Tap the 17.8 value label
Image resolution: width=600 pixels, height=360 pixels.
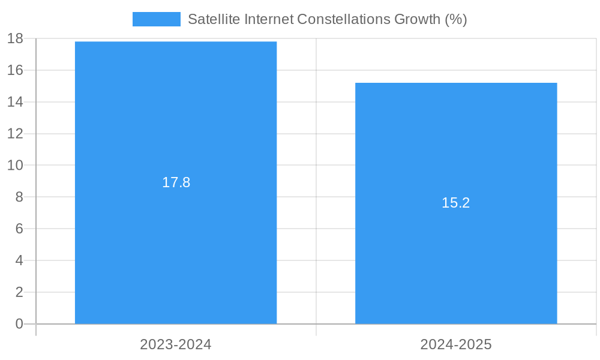point(176,182)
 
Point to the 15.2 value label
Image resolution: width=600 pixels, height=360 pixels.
point(456,203)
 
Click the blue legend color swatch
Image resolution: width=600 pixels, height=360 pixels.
point(156,19)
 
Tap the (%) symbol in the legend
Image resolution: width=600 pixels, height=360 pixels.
point(455,19)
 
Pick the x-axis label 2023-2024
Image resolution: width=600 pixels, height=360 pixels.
point(176,344)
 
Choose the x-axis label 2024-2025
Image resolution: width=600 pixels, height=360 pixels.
point(456,344)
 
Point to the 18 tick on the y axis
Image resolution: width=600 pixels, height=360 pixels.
point(15,39)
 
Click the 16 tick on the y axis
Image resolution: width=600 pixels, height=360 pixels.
point(15,70)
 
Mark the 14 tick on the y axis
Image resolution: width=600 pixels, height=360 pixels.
point(15,102)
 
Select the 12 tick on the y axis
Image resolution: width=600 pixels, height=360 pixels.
point(15,134)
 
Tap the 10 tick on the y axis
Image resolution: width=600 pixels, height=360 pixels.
point(15,166)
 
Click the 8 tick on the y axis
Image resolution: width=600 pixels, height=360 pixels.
point(19,197)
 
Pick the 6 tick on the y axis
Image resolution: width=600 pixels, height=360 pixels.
point(19,229)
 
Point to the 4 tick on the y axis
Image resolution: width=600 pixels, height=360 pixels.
point(19,261)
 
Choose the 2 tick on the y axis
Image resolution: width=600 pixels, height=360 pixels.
point(19,293)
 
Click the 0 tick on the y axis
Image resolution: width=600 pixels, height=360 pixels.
point(19,324)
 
